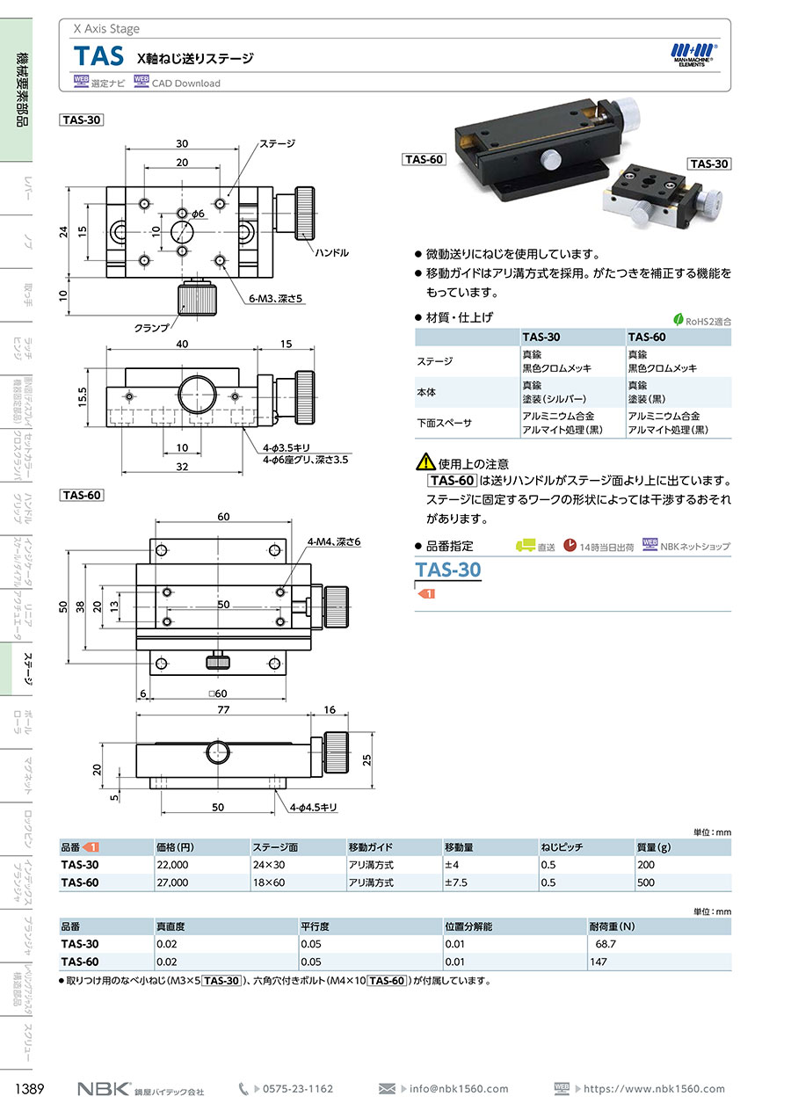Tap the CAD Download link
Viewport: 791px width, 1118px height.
185,83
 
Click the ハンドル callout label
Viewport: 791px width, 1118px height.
331,252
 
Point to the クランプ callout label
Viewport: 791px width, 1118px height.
151,327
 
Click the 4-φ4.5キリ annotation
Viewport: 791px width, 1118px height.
314,806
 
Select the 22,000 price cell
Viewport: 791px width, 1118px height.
172,865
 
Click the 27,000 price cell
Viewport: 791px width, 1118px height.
172,882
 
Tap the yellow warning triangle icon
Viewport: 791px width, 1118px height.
425,461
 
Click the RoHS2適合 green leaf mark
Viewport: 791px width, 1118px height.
679,320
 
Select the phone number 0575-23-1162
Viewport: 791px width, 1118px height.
297,1089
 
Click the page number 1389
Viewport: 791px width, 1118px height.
31,1089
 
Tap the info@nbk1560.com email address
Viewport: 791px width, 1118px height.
459,1089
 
